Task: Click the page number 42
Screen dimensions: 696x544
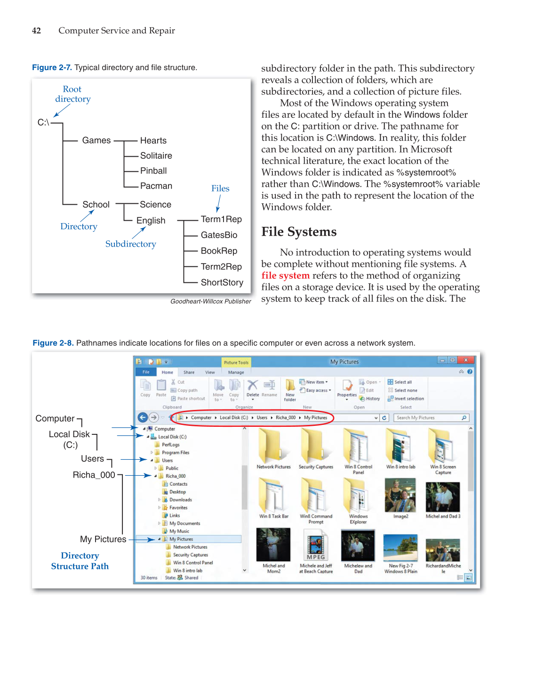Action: (x=36, y=31)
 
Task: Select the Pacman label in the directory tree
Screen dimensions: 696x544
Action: (x=156, y=186)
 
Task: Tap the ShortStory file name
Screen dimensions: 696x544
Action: (x=222, y=282)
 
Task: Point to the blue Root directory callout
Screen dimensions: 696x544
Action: (x=72, y=94)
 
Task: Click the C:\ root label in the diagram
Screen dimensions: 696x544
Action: (x=43, y=122)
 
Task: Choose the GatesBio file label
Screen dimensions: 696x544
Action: (x=219, y=235)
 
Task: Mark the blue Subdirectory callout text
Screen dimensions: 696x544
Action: (x=130, y=244)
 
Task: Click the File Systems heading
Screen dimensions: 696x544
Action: (x=299, y=232)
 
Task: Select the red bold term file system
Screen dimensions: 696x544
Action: (x=285, y=275)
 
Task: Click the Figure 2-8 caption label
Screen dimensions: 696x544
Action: (x=53, y=343)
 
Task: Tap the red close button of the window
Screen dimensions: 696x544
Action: (x=465, y=360)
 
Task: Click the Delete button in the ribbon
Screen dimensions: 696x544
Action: (x=253, y=389)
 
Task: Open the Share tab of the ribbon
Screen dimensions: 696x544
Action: (x=189, y=372)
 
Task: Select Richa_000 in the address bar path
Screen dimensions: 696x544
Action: (x=286, y=418)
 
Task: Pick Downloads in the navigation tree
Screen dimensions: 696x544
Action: (x=180, y=500)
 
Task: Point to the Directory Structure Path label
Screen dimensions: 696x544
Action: (x=80, y=561)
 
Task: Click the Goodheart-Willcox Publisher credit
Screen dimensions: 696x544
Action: (x=210, y=301)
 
